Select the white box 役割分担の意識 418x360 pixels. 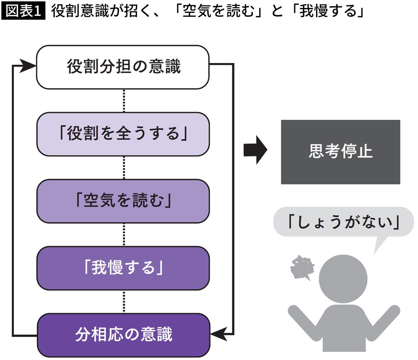click(123, 67)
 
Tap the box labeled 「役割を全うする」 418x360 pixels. click(123, 134)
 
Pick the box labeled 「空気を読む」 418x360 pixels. click(123, 201)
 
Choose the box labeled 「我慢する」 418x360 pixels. click(123, 268)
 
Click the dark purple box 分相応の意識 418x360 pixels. click(123, 335)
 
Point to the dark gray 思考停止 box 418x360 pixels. click(340, 152)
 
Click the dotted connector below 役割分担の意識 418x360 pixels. click(124, 100)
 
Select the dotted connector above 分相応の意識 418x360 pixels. click(124, 301)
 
